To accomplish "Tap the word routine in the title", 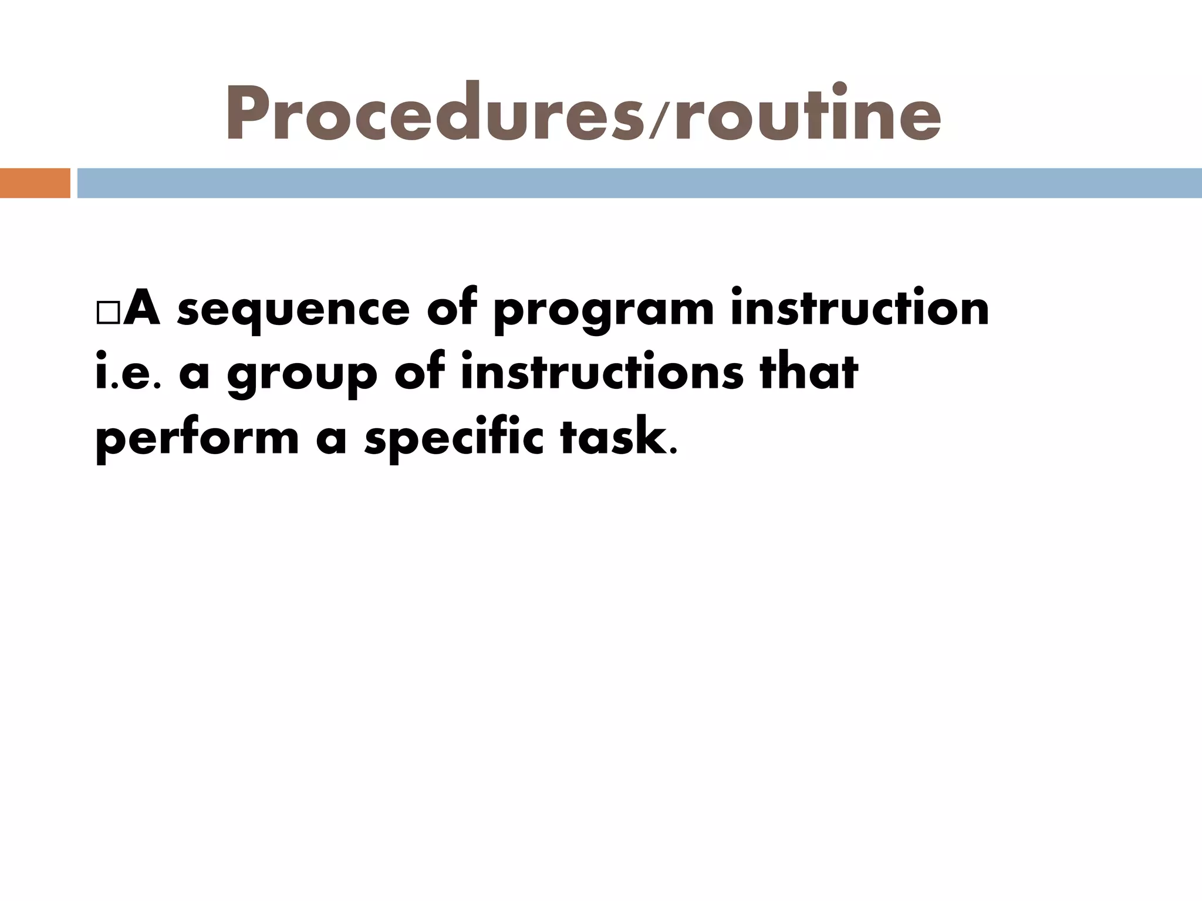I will point(808,114).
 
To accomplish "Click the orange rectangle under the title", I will point(35,183).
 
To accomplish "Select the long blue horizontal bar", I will point(639,183).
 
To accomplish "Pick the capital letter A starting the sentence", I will point(141,309).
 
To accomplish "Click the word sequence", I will point(293,311).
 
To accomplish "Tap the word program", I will point(603,311).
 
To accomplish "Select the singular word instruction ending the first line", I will point(859,309).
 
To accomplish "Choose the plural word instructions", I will point(602,373).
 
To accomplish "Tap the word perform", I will point(197,440).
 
